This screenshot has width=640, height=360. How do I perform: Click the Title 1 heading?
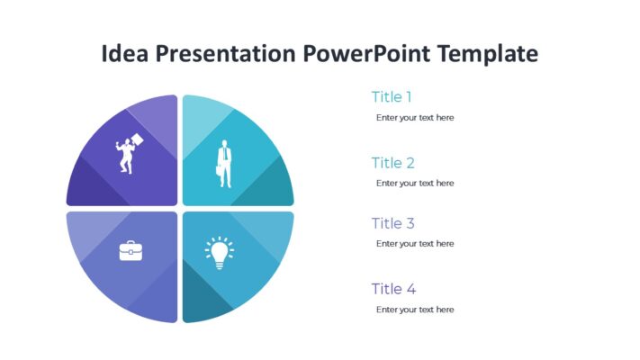point(392,97)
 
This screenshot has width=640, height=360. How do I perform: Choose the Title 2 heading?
point(392,163)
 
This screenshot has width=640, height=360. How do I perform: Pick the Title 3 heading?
point(392,223)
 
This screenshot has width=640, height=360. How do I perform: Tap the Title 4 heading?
point(393,289)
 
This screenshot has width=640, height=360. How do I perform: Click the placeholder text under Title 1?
point(415,118)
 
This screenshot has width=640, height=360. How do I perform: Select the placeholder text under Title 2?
point(415,184)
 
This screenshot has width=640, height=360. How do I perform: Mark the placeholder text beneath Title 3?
point(415,244)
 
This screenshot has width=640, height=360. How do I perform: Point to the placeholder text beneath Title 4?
point(415,310)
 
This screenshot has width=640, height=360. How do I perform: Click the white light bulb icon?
point(219,253)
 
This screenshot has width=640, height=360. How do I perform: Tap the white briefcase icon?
point(131,251)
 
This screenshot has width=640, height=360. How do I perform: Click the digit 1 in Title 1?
point(409,97)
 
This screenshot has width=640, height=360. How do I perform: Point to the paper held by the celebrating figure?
point(138,139)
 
